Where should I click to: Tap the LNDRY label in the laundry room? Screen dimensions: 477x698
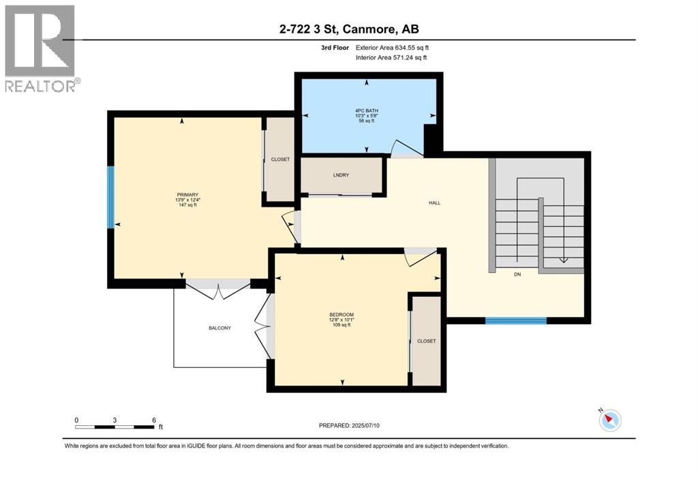pyautogui.click(x=341, y=175)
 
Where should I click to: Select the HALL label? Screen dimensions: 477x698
pyautogui.click(x=434, y=203)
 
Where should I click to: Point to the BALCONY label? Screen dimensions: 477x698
pyautogui.click(x=219, y=328)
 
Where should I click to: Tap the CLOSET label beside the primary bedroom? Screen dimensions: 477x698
pyautogui.click(x=280, y=159)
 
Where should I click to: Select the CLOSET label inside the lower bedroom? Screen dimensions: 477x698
pyautogui.click(x=426, y=341)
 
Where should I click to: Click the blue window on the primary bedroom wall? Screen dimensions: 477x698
pyautogui.click(x=110, y=197)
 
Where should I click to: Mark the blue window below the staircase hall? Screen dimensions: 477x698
pyautogui.click(x=515, y=320)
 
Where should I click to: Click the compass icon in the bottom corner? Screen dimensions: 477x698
pyautogui.click(x=611, y=420)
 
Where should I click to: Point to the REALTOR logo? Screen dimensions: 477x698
pyautogui.click(x=41, y=48)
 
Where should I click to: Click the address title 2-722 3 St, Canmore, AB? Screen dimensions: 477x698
pyautogui.click(x=348, y=29)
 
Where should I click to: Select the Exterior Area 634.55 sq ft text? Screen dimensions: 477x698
pyautogui.click(x=392, y=48)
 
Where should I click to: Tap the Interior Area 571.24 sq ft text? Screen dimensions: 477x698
pyautogui.click(x=391, y=58)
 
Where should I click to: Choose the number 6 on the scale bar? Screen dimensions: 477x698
pyautogui.click(x=154, y=420)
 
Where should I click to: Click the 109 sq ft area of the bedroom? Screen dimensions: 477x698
pyautogui.click(x=342, y=325)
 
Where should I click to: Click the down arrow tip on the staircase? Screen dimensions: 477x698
pyautogui.click(x=563, y=260)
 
